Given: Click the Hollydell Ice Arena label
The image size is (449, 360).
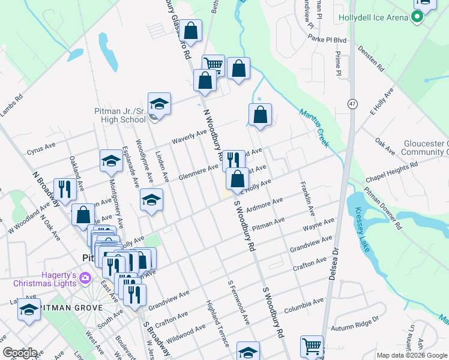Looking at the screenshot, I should [373, 17].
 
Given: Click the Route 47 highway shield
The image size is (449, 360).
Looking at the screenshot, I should [352, 103].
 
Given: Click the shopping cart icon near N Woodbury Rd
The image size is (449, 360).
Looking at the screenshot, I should [213, 64].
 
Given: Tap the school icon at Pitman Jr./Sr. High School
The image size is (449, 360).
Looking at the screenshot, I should [159, 103].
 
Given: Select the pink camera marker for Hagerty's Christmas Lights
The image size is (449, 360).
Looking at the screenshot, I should [85, 277].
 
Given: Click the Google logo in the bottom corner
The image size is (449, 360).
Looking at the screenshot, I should [20, 352].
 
